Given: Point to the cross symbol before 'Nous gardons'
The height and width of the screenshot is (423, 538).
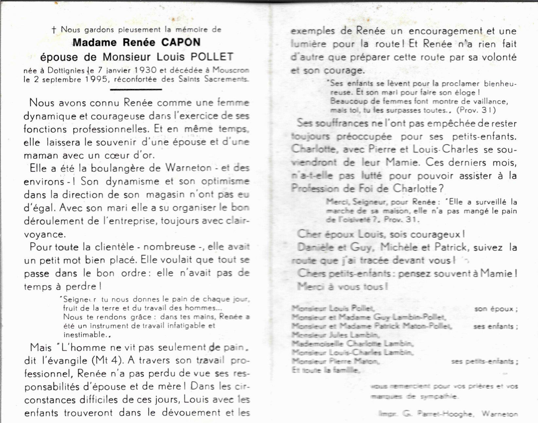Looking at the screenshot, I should tap(54, 30).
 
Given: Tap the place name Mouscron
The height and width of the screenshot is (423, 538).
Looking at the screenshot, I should tap(231, 70).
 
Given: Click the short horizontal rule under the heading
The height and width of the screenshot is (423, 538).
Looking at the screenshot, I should tap(136, 89).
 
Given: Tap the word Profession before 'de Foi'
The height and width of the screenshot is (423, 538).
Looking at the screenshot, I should tap(312, 189).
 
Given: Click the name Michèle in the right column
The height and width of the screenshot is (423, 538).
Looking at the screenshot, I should tap(395, 247).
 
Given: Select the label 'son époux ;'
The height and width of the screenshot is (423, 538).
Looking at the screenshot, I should tap(495, 309).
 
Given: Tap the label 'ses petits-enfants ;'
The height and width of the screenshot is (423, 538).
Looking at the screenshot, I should tap(484, 361).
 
